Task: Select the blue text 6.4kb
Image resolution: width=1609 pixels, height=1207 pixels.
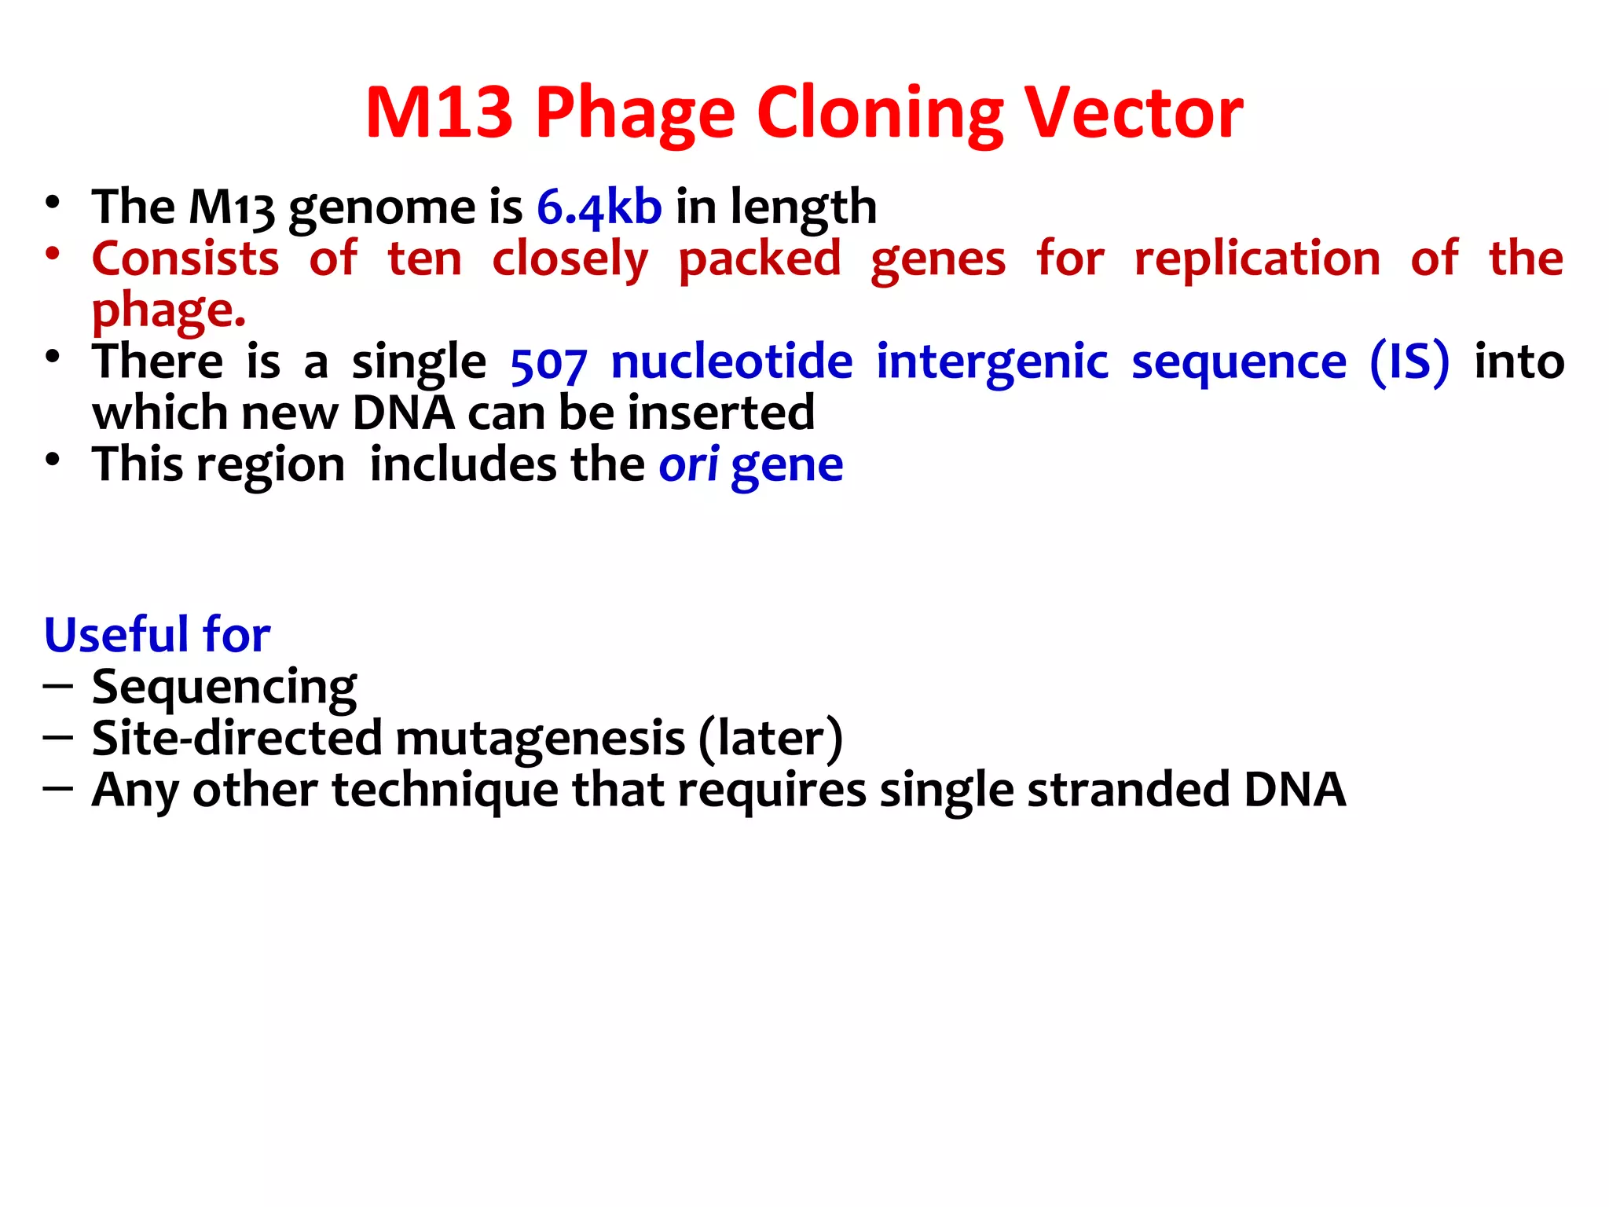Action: pyautogui.click(x=599, y=207)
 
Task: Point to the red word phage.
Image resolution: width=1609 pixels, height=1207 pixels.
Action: pyautogui.click(x=168, y=311)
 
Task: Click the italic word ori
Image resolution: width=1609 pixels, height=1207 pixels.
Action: pyautogui.click(x=687, y=464)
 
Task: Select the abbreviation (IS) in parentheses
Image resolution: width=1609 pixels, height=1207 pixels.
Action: pyautogui.click(x=1409, y=362)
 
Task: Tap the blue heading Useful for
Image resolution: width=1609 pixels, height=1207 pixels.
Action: pyautogui.click(x=157, y=635)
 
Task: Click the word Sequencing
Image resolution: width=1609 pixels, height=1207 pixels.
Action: pyautogui.click(x=224, y=688)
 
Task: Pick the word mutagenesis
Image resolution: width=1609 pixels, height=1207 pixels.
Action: pyautogui.click(x=540, y=739)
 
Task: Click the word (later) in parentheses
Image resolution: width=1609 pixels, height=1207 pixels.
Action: pyautogui.click(x=770, y=739)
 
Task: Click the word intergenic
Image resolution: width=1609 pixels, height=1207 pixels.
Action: pyautogui.click(x=991, y=362)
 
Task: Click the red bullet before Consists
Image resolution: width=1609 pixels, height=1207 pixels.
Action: pyautogui.click(x=53, y=254)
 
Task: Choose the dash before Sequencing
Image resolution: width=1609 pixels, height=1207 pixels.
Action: pyautogui.click(x=58, y=687)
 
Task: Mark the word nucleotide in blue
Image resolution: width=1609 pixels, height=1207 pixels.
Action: pyautogui.click(x=731, y=362)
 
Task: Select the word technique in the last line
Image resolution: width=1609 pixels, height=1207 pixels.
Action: pyautogui.click(x=445, y=790)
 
